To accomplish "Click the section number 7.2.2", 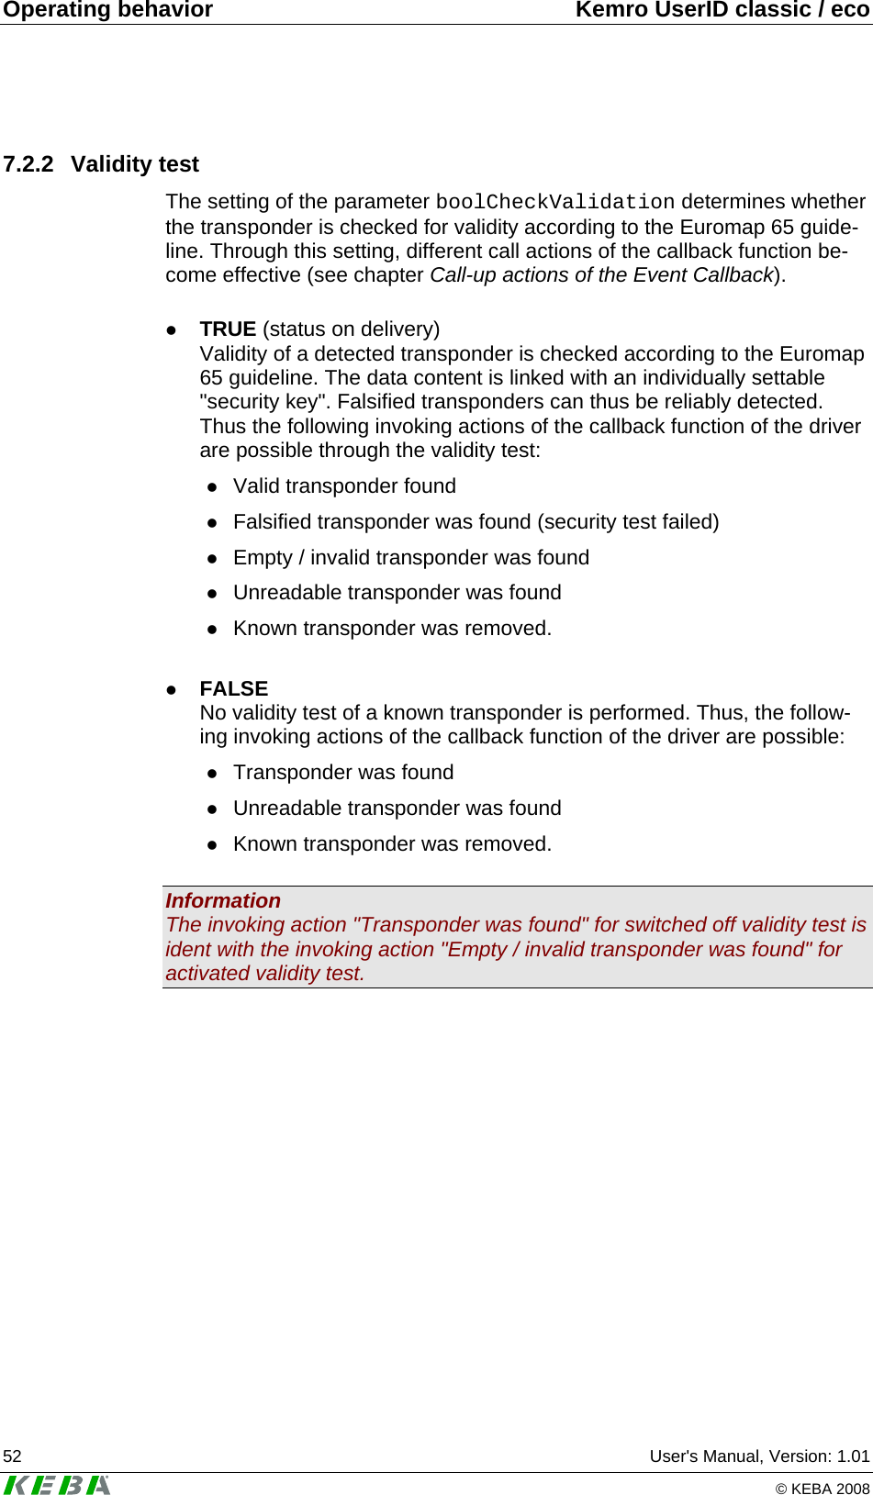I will pos(28,164).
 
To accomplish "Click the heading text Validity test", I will pos(135,164).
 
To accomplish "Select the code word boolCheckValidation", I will pos(554,202).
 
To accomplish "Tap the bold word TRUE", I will pos(228,329).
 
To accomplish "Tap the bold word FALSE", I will pos(234,688).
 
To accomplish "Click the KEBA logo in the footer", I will pos(57,1484).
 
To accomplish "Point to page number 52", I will pos(13,1456).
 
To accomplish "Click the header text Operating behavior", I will pos(108,10).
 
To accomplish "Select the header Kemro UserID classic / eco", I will pos(722,10).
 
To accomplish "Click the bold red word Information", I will pos(223,900).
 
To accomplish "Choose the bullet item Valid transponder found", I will pos(344,486).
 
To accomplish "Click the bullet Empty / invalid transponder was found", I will pos(410,558).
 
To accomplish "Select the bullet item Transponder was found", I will pos(343,773).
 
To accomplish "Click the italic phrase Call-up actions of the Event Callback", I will pos(602,275).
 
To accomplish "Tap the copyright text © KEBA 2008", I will pos(823,1489).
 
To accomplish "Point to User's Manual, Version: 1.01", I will pos(759,1456).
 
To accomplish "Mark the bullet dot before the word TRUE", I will pos(171,329).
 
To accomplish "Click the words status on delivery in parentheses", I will pos(351,329).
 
